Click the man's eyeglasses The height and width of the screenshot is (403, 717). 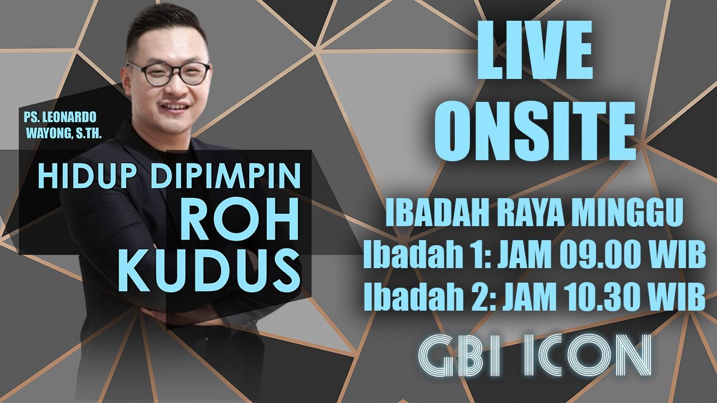click(x=171, y=73)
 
